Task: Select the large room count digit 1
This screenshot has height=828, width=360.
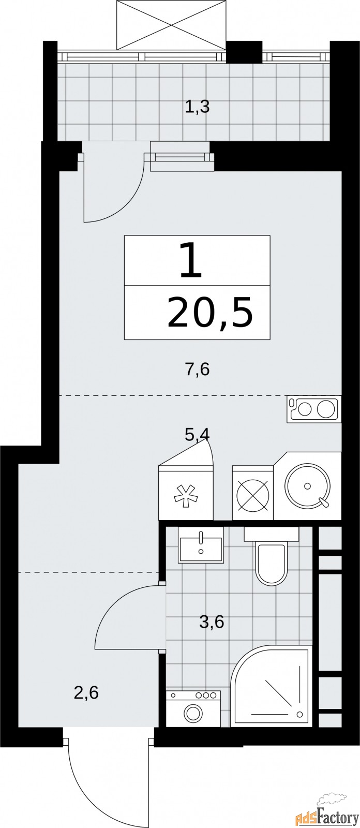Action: tap(190, 262)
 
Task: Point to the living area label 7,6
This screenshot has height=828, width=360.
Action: tap(197, 370)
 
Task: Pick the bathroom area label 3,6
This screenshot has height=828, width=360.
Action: tap(211, 622)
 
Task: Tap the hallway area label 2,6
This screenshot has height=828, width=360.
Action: tap(86, 692)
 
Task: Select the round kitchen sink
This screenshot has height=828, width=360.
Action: tap(307, 486)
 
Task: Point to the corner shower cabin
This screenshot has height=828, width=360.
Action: tap(272, 686)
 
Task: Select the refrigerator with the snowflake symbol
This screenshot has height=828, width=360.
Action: tap(186, 494)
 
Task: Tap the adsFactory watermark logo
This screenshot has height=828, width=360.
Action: tap(327, 816)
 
